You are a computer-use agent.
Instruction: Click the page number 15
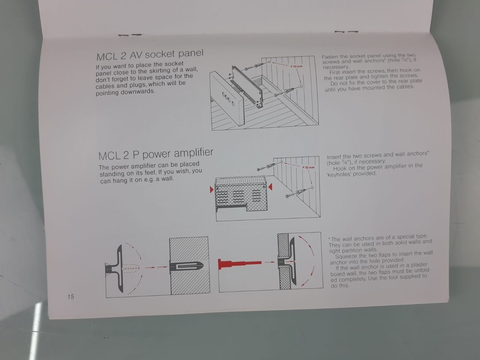[x=70, y=297]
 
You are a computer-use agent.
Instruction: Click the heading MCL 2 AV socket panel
[x=150, y=55]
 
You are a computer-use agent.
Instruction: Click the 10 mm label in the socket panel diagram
[x=296, y=66]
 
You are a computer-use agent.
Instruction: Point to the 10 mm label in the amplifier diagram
[x=308, y=167]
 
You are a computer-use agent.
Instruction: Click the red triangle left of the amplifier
[x=211, y=190]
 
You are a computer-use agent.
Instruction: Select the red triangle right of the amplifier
[x=270, y=187]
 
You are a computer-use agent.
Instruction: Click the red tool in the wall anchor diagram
[x=240, y=263]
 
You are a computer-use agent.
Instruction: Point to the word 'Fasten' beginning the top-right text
[x=330, y=57]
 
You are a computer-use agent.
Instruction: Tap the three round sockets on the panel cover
[x=229, y=99]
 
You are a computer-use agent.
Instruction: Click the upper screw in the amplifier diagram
[x=269, y=166]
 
